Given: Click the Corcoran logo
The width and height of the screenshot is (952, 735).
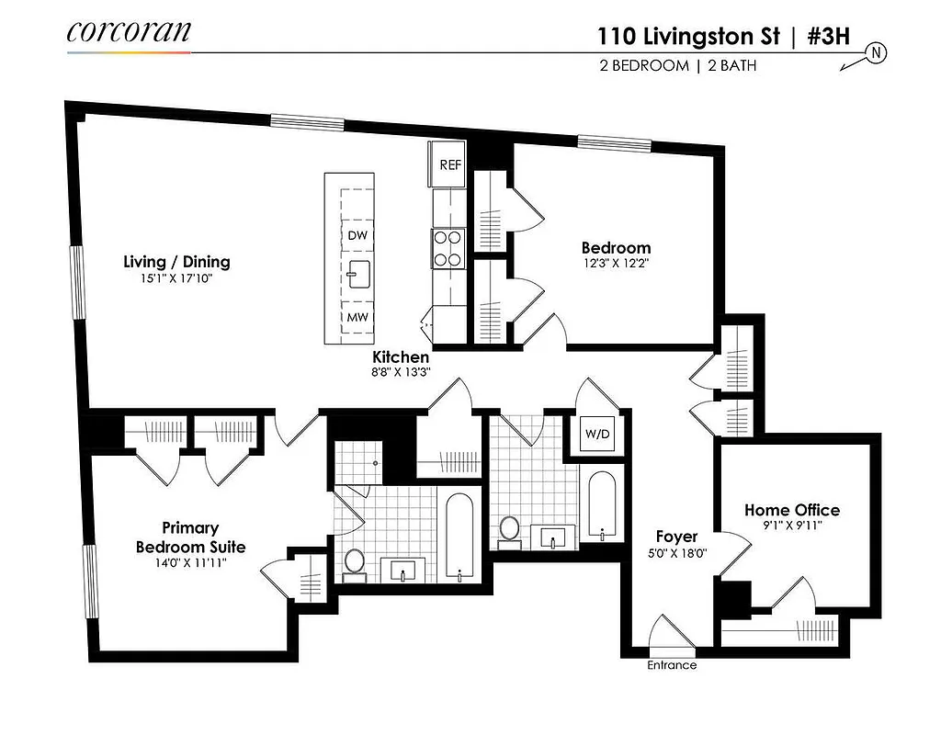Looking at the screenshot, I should pyautogui.click(x=129, y=31).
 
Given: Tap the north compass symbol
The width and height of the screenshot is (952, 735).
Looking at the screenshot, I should pyautogui.click(x=876, y=54).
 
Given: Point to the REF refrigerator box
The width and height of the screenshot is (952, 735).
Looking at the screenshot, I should pyautogui.click(x=449, y=165).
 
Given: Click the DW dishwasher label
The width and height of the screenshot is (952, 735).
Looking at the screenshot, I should pyautogui.click(x=357, y=235).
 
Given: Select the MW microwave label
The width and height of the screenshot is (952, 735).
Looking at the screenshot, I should pyautogui.click(x=357, y=318).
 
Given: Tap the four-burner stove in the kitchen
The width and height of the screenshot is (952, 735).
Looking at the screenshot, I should pyautogui.click(x=447, y=248).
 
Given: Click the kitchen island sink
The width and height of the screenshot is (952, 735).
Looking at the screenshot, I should pyautogui.click(x=357, y=274).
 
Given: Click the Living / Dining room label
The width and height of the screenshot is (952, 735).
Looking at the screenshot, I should pyautogui.click(x=176, y=262).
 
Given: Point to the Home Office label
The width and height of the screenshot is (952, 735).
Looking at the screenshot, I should pyautogui.click(x=791, y=510).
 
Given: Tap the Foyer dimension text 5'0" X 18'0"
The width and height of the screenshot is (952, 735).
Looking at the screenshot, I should pyautogui.click(x=675, y=554).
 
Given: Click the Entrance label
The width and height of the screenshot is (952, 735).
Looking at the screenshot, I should pyautogui.click(x=672, y=665).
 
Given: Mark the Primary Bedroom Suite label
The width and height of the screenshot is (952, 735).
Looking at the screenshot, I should pyautogui.click(x=190, y=537).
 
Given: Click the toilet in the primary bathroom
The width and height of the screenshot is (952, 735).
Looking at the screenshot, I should pyautogui.click(x=354, y=562).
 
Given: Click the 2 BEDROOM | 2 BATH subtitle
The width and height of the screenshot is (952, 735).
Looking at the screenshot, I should pyautogui.click(x=676, y=66).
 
